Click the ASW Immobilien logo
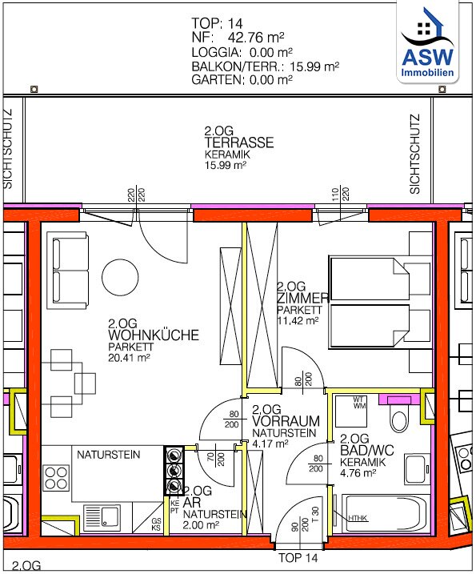coord(427,42)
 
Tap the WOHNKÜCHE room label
coord(154,335)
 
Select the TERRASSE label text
coord(239,142)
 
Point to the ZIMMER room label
coord(303,297)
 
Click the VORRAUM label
coord(286,421)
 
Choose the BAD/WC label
coord(367,450)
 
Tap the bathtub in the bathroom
coord(386,513)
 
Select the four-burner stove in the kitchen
coord(56,478)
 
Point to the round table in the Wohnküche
coord(120,277)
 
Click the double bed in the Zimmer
coord(369,303)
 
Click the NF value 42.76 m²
coord(256,37)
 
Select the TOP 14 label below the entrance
coord(298,558)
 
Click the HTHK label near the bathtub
coord(358,518)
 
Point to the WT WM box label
coord(359,403)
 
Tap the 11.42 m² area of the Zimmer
coord(298,321)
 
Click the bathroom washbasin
coord(417,469)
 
